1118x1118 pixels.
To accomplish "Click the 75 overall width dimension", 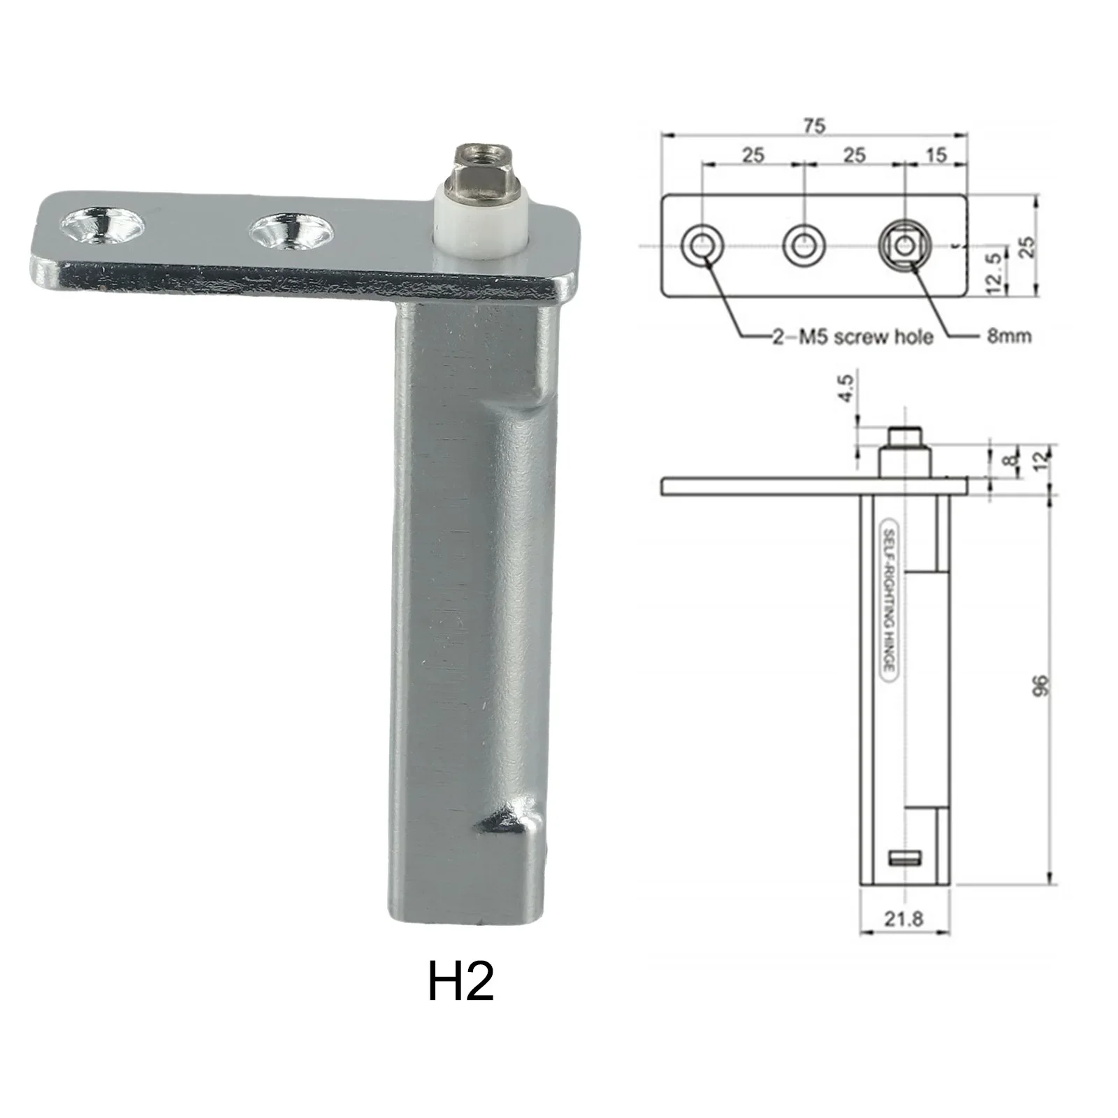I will pos(813,126).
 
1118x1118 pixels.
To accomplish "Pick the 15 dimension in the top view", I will pos(936,154).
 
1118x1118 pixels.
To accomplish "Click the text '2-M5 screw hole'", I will pos(852,337).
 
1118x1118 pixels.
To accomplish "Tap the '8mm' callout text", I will pos(1009,336).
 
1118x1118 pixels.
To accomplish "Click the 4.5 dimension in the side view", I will pos(845,389).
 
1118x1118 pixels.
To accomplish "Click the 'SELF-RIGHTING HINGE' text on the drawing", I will pos(888,600).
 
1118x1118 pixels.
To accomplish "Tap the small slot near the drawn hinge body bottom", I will pos(905,859).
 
